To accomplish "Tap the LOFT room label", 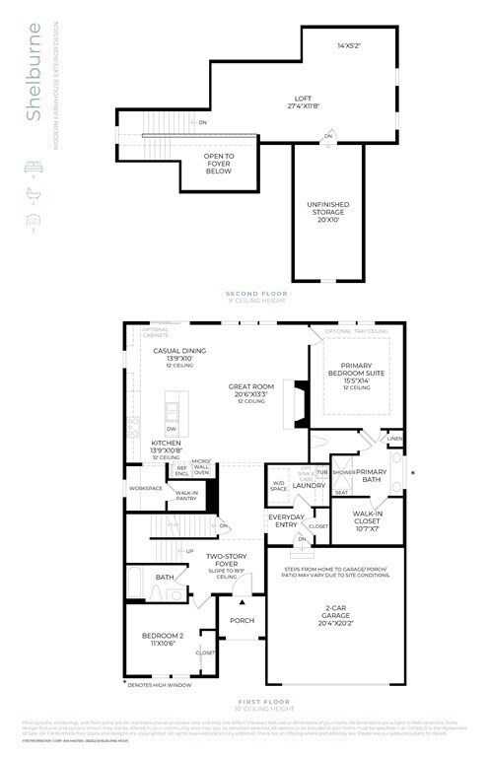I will tap(304, 100).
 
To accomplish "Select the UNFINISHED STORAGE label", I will tap(321, 211).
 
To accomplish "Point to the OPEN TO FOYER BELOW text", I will tap(218, 164).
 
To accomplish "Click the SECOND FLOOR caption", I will tap(256, 295).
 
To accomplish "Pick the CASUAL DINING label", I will tap(178, 352).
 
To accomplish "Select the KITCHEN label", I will tap(165, 445).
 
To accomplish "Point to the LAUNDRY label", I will tap(309, 485).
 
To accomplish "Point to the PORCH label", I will tap(243, 620).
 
